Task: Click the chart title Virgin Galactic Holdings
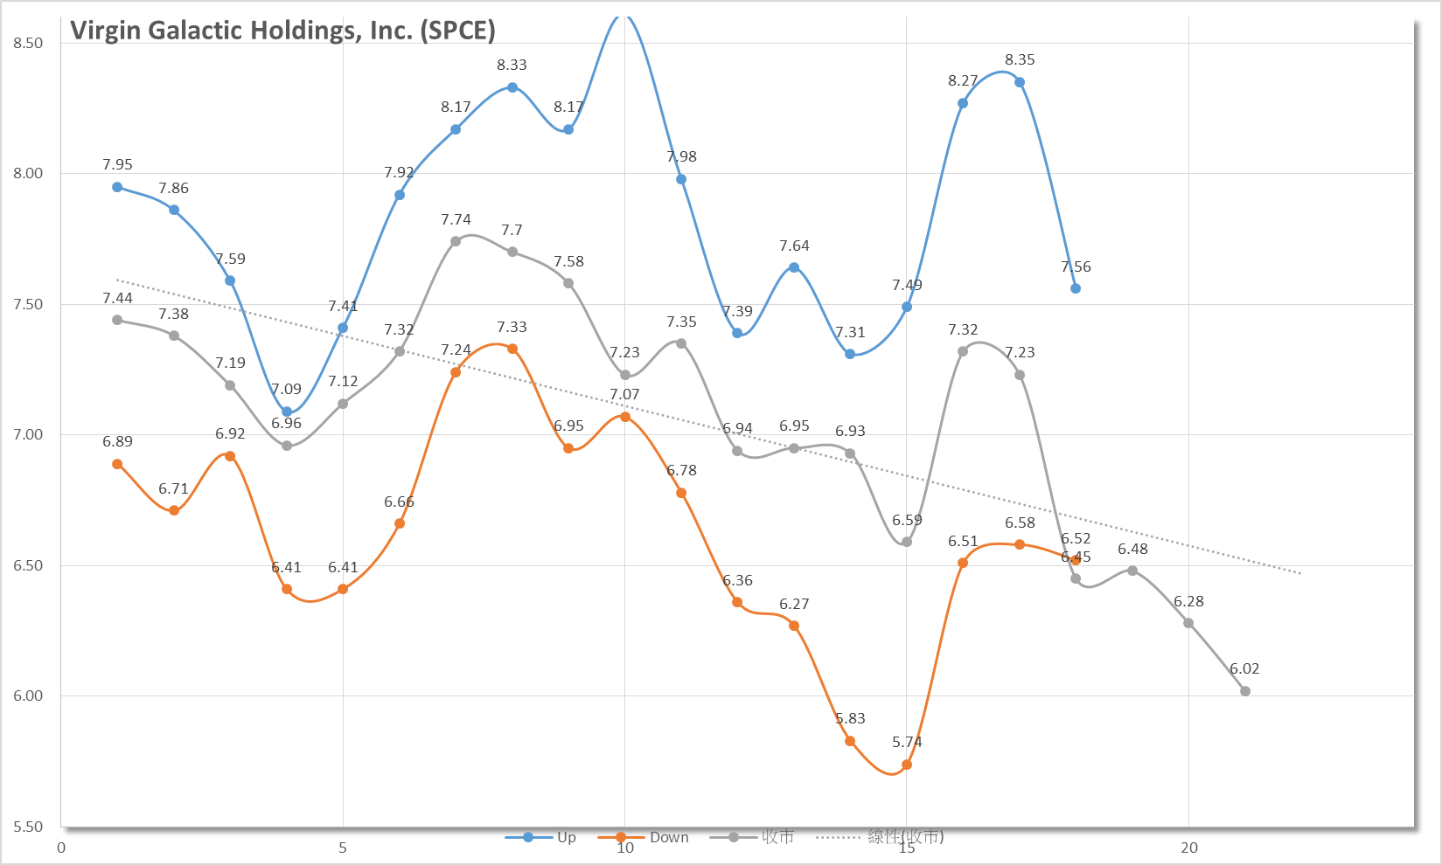click(282, 31)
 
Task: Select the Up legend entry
click(540, 837)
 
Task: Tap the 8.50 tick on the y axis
click(28, 43)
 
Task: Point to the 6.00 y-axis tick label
click(28, 695)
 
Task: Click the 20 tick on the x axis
click(1188, 848)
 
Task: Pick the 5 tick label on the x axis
click(343, 848)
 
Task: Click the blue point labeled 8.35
click(1020, 82)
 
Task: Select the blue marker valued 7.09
click(287, 412)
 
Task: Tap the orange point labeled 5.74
click(907, 765)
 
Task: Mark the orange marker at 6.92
click(230, 456)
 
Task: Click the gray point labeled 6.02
click(1245, 691)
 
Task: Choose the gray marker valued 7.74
click(456, 241)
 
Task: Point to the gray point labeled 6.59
click(907, 542)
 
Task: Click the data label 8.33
click(512, 65)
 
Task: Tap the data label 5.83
click(850, 718)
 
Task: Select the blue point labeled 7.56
click(1076, 288)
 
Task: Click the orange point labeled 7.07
click(625, 417)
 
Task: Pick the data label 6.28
click(1188, 601)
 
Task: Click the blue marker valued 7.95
click(117, 187)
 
